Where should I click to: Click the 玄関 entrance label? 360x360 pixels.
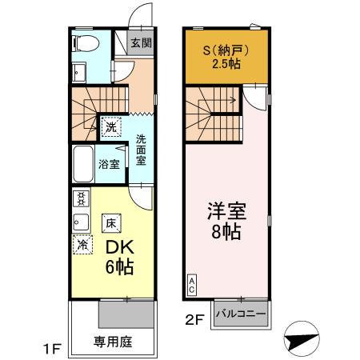click(x=141, y=44)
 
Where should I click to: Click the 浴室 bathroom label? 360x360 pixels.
click(x=110, y=165)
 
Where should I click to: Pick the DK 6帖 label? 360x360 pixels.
click(x=117, y=256)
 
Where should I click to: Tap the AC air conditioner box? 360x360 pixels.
click(x=193, y=284)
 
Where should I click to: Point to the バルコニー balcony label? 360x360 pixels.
click(x=240, y=314)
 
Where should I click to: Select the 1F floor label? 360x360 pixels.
click(x=51, y=349)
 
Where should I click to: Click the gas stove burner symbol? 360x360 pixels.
click(x=81, y=198)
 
